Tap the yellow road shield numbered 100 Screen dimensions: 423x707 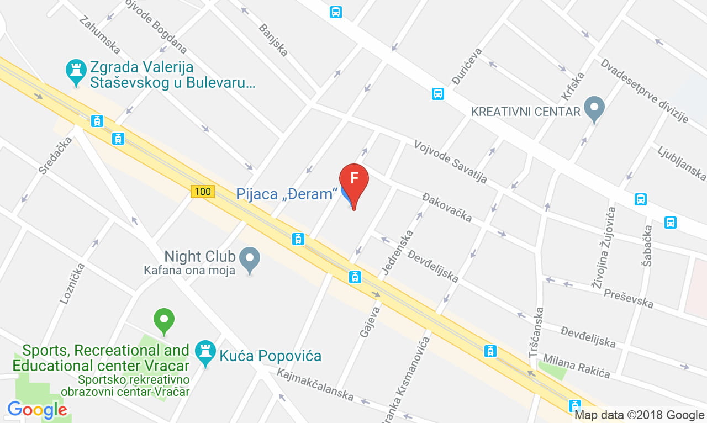point(203,192)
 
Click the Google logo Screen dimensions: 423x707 point(37,410)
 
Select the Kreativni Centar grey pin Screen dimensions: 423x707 point(594,108)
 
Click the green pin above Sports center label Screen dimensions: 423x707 point(163,320)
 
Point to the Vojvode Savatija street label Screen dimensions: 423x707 point(451,162)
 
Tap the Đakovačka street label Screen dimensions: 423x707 point(447,207)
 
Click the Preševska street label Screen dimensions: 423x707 point(628,298)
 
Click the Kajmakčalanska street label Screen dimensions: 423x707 point(315,384)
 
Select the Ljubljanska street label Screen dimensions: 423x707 point(682,163)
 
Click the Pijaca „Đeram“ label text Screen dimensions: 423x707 point(286,194)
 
